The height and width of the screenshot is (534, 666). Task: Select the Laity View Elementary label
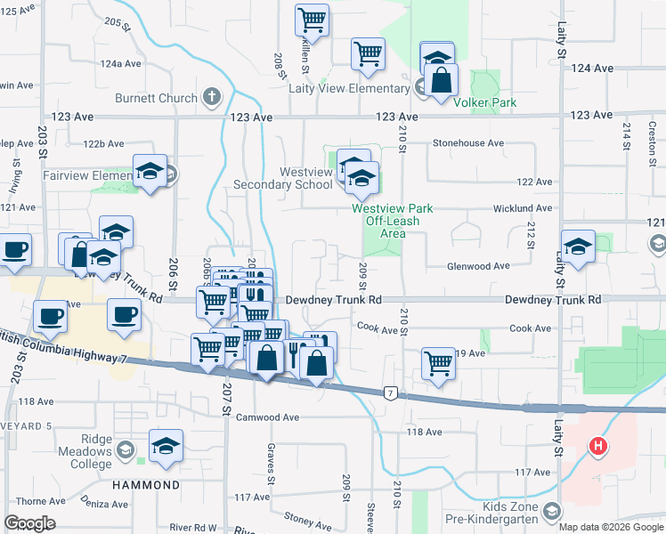(348, 88)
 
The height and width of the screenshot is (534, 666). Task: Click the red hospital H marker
(598, 446)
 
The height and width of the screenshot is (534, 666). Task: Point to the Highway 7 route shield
(389, 392)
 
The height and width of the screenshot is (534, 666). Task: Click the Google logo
(29, 523)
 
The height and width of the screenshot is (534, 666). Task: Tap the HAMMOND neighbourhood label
(146, 485)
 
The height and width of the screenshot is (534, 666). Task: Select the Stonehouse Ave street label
(468, 143)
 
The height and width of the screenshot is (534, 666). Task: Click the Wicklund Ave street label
(523, 208)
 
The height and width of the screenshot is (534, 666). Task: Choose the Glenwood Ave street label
(477, 266)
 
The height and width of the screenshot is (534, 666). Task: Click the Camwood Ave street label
(268, 417)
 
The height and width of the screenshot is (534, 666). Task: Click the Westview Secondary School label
(282, 178)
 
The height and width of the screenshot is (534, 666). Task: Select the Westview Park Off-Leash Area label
(392, 221)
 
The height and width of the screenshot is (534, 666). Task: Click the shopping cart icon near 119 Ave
(438, 363)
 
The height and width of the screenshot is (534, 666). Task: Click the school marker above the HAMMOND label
(166, 445)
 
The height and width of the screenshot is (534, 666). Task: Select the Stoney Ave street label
(307, 517)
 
